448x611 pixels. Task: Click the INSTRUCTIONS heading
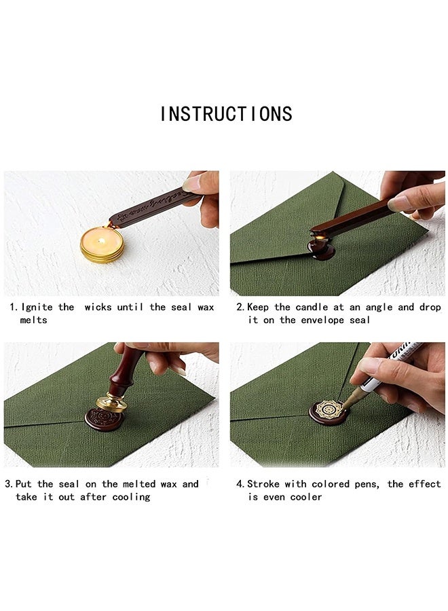[226, 114]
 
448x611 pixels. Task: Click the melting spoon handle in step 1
[153, 206]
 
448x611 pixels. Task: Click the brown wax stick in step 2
[353, 219]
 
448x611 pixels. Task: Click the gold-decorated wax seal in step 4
[329, 412]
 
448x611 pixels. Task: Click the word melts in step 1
[33, 320]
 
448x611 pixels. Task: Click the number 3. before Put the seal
[9, 484]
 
